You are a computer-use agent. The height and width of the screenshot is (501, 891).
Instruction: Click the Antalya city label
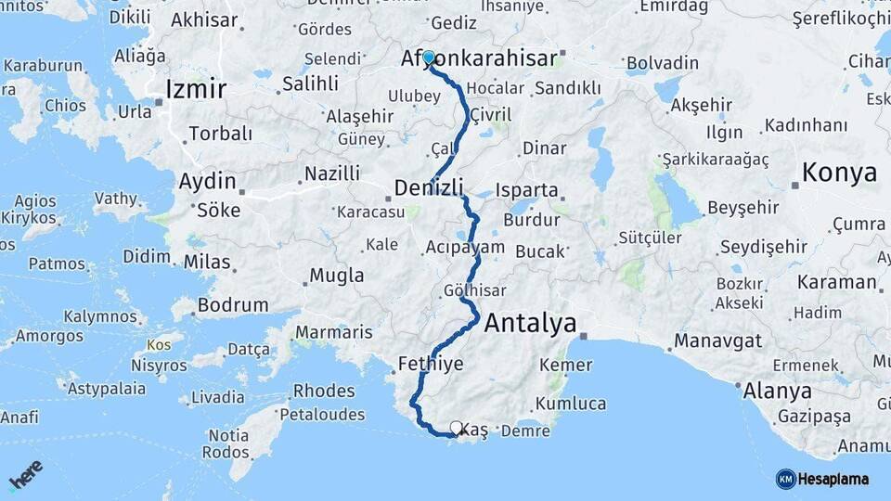point(530,324)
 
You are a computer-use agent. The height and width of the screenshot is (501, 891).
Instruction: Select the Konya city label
point(839,173)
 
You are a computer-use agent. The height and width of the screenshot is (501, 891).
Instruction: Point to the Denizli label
point(429,188)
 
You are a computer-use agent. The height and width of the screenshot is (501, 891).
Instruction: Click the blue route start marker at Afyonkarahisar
point(429,58)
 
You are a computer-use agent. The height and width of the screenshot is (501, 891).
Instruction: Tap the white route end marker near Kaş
point(456,428)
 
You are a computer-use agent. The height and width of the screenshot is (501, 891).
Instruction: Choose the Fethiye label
point(430,364)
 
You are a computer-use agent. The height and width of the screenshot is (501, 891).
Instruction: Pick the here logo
point(26,474)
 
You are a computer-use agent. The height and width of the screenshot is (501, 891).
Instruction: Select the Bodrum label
point(232,304)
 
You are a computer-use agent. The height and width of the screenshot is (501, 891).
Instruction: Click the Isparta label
point(527,191)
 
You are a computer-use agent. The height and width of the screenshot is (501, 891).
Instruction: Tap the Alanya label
point(777,391)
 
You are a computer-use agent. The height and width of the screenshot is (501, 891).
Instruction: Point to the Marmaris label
point(333,332)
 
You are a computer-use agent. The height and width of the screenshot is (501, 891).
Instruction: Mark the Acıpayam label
point(464,247)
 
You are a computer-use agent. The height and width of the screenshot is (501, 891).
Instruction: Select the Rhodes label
point(324,391)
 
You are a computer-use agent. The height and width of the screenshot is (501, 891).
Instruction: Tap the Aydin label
point(207,181)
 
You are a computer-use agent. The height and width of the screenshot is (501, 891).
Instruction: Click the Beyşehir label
point(742,208)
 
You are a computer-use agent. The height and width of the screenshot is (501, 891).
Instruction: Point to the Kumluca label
point(572,404)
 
